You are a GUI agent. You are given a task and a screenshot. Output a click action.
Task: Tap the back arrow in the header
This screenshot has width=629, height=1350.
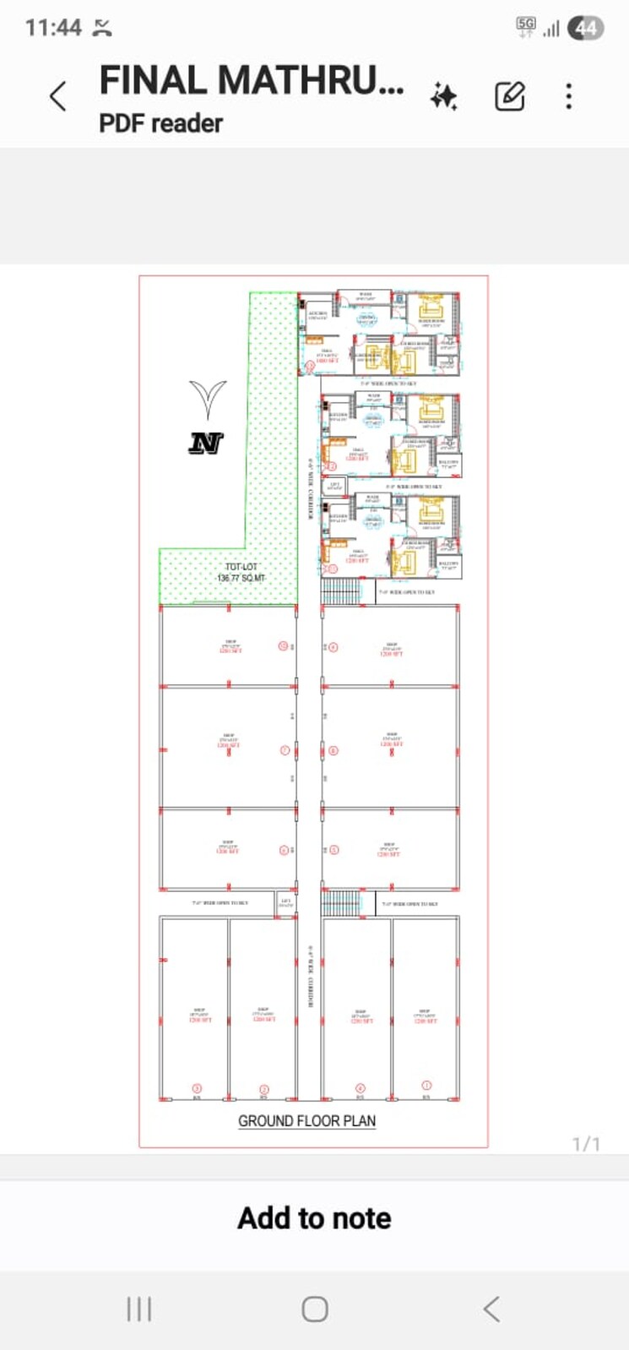coord(57,96)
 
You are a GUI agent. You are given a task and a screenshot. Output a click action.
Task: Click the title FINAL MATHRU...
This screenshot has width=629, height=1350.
coord(251,81)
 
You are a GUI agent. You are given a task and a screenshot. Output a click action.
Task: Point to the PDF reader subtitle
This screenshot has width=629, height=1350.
coord(160,123)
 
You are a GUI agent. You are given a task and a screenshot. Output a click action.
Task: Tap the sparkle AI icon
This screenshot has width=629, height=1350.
coord(443,97)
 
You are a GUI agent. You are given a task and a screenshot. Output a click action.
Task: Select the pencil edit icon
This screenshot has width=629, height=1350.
coord(509,96)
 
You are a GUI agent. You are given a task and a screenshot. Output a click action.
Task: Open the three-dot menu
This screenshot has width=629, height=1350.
coord(569,96)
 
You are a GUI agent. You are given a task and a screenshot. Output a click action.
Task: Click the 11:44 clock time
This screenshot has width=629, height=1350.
coord(52,28)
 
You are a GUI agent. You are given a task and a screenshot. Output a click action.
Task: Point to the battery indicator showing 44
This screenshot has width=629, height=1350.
coord(586,28)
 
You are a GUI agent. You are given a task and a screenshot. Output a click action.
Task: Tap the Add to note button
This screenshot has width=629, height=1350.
coord(314,1218)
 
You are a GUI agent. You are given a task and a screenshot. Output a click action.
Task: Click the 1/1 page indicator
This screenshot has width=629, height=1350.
coord(586,1144)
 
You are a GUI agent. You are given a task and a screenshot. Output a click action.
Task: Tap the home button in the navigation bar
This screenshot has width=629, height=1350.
coord(315,1309)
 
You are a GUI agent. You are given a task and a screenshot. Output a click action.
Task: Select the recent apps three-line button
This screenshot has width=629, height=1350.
coord(138,1309)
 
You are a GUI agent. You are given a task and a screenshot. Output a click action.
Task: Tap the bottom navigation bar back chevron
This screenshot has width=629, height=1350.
coord(491,1309)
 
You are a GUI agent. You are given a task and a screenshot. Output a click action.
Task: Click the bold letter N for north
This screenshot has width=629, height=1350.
coord(205,442)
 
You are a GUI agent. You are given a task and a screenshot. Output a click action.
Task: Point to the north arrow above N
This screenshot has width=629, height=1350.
coord(208,399)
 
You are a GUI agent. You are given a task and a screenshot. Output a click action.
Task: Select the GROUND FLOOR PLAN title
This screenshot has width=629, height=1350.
coord(306,1121)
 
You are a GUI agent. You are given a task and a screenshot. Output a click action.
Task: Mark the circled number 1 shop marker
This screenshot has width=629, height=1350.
coord(426,1085)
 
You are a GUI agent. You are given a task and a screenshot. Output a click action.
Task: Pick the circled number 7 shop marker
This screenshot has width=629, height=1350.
coord(285,750)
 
